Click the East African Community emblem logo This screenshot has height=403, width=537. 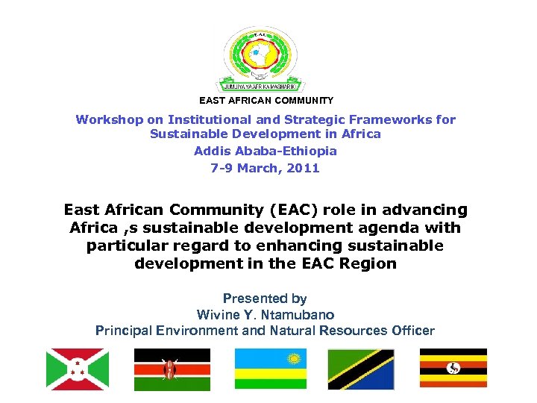tap(266, 58)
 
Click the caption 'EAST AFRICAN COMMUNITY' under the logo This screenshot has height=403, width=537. tap(266, 100)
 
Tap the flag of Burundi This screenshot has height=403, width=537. tap(78, 369)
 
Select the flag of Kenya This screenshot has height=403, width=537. tap(172, 369)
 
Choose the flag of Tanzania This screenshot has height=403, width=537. tap(361, 369)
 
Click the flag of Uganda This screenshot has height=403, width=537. tap(453, 369)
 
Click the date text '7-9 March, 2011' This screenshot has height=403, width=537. tap(266, 168)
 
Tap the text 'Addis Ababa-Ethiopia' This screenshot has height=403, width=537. tap(266, 151)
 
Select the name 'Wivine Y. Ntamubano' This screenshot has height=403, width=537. tap(266, 314)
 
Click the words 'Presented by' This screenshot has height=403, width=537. tap(266, 299)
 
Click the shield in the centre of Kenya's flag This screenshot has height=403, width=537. tap(172, 369)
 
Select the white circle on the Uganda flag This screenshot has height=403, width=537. tap(453, 368)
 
